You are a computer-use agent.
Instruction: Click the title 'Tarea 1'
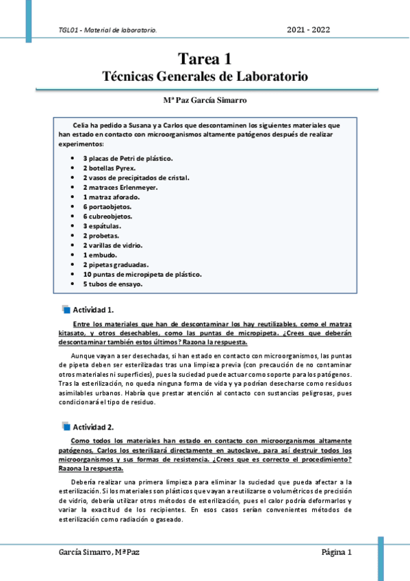pos(205,60)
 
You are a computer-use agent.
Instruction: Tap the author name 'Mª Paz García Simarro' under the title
pos(205,100)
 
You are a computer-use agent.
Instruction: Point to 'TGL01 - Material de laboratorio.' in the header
pos(108,30)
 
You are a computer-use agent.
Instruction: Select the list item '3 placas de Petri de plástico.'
pos(123,158)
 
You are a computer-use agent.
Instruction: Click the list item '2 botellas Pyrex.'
pos(110,168)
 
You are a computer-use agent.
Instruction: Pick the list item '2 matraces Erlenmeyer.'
pos(120,187)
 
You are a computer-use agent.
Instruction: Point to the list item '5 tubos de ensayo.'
pos(113,283)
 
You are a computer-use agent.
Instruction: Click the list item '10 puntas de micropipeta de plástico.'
pos(142,273)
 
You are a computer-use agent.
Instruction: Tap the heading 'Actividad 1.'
pos(93,309)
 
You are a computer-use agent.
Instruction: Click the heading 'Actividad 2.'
pos(93,427)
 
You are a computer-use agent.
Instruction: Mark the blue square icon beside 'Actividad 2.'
pos(66,427)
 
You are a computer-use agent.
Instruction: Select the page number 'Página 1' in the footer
pos(337,552)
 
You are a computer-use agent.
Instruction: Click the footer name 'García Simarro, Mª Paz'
pos(101,552)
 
